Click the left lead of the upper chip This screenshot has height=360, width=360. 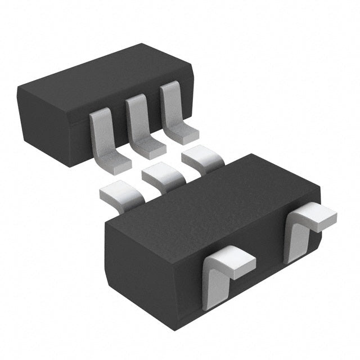101,138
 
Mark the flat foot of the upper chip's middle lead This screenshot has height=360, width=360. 150,147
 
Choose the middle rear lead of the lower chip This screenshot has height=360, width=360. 161,177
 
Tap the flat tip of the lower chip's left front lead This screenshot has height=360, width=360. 236,260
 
